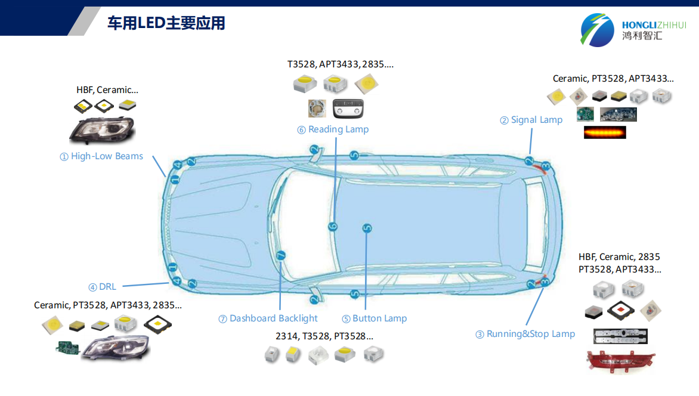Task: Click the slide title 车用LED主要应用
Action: pos(166,23)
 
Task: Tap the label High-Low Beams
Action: pos(101,156)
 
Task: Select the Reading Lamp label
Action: pos(333,129)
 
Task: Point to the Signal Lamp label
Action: pos(531,120)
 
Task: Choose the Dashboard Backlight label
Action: pos(268,318)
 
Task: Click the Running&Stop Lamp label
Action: pos(525,334)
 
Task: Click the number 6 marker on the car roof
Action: pos(333,226)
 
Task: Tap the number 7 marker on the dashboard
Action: pos(282,256)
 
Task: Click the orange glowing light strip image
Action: pos(605,132)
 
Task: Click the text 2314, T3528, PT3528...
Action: pos(324,336)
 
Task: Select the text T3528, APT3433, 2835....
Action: pos(341,64)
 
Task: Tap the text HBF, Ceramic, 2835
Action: pos(619,257)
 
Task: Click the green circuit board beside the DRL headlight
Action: pos(67,348)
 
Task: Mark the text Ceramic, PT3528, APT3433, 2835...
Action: pos(108,305)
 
